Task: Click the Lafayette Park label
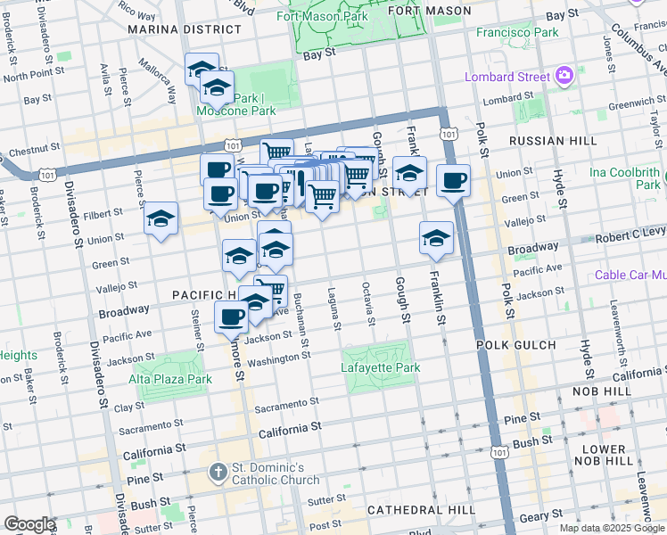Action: pos(379,366)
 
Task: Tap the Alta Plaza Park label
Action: pos(171,379)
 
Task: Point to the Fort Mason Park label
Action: pos(322,17)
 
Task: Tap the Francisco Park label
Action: pos(517,32)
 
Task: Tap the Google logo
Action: pos(29,524)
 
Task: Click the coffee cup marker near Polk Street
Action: pos(453,181)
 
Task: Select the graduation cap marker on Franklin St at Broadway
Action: pos(436,237)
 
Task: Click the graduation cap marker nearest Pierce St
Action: pos(161,218)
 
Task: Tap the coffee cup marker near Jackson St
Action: pos(232,316)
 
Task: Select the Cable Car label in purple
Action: pos(630,276)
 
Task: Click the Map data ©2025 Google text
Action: pos(611,528)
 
